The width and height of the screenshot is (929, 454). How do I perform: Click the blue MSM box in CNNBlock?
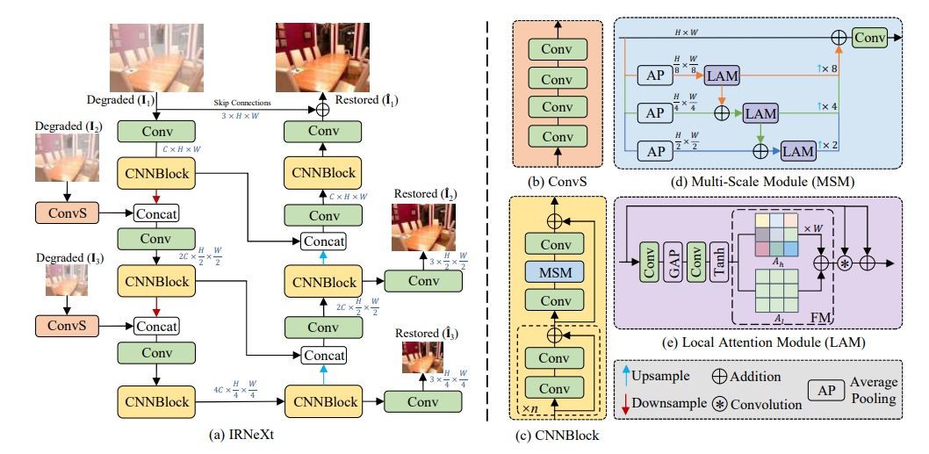554,272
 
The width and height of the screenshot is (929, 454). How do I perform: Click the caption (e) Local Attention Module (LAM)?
760,342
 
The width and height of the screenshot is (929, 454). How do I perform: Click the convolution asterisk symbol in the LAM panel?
844,262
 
